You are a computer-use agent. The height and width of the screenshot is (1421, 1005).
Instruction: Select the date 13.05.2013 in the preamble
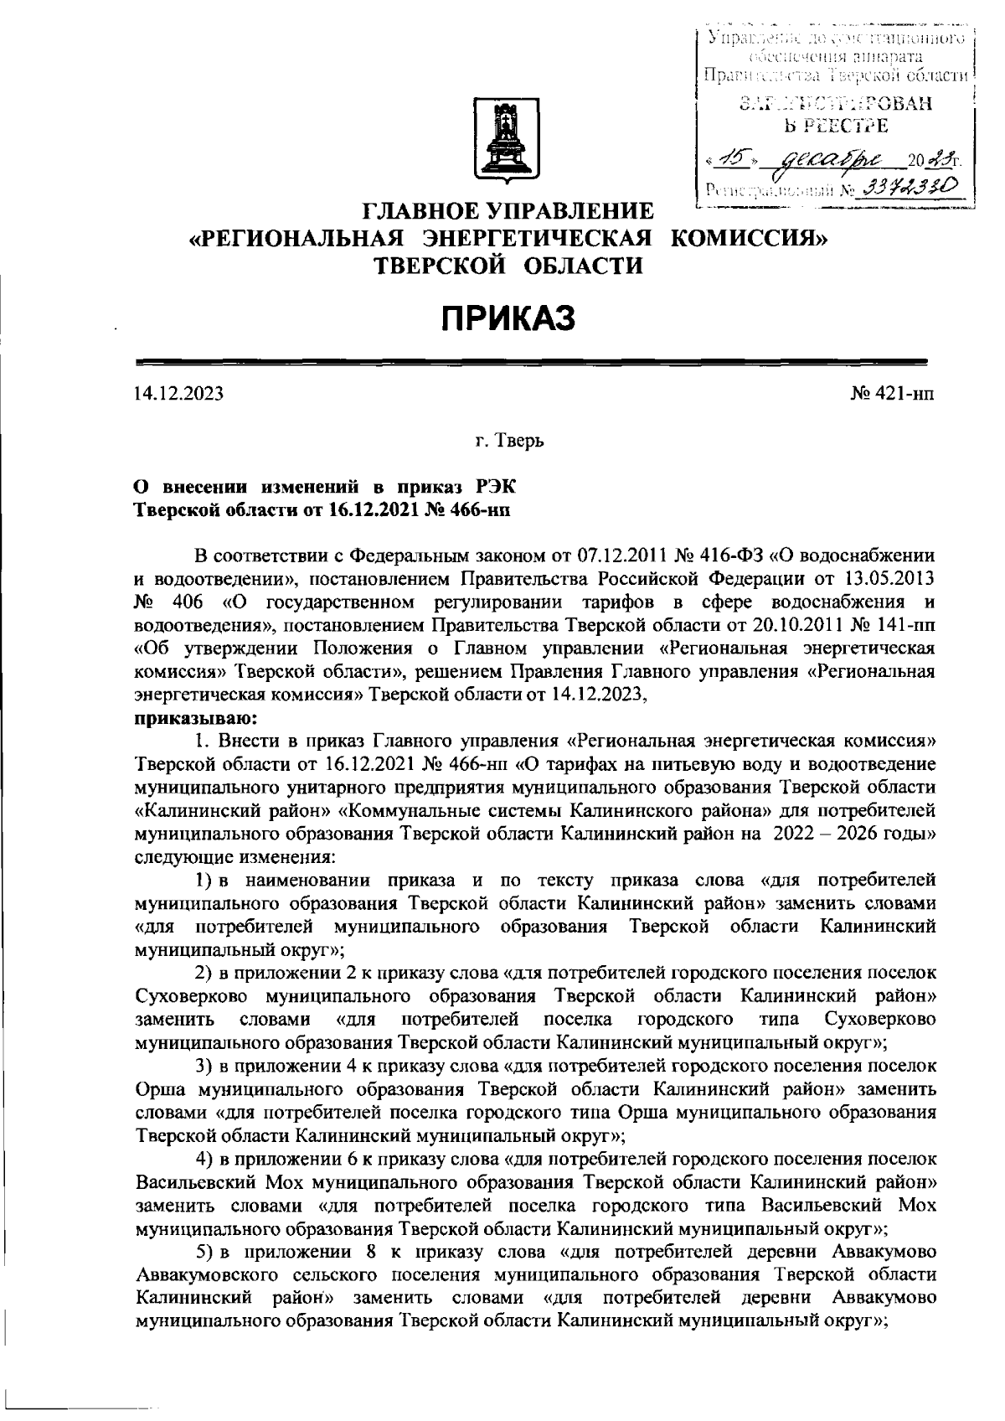point(887,579)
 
